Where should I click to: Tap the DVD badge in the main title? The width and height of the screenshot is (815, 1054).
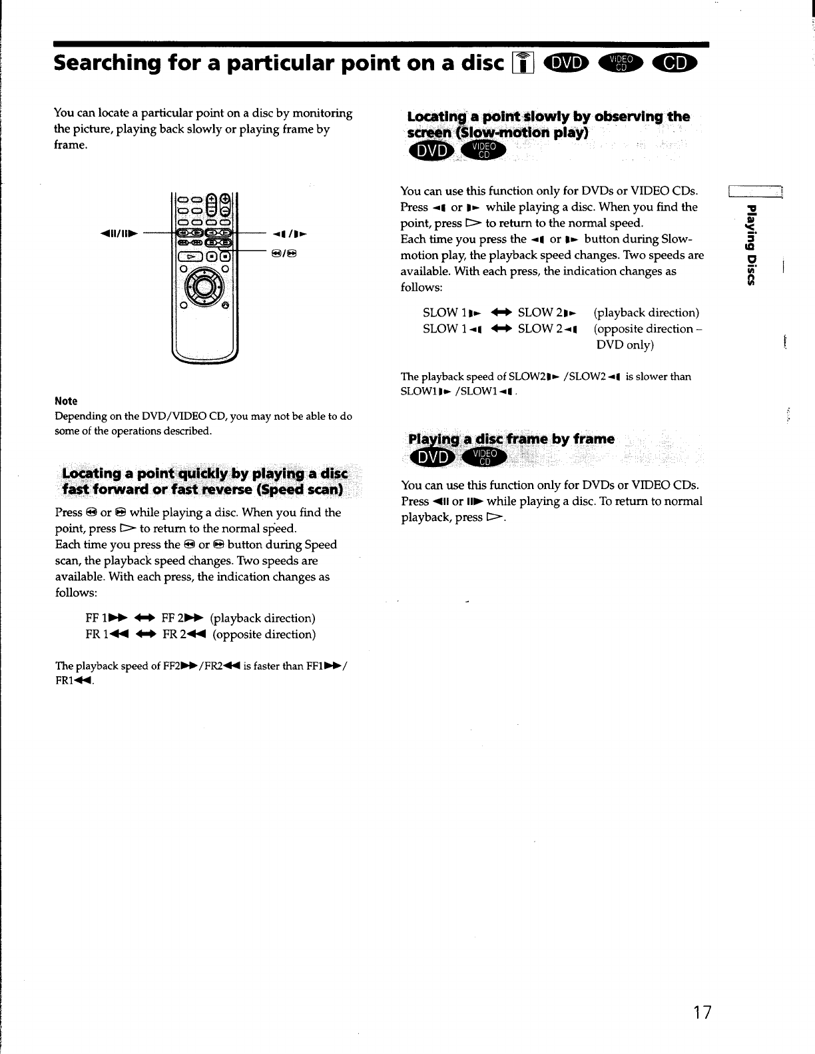566,63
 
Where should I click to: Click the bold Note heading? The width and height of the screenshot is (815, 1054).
66,401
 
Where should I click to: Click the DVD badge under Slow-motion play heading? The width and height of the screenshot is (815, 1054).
431,152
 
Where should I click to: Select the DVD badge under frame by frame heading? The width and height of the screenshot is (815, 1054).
431,458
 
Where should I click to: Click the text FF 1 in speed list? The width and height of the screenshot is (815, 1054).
97,618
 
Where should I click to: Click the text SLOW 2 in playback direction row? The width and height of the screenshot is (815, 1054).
547,312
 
